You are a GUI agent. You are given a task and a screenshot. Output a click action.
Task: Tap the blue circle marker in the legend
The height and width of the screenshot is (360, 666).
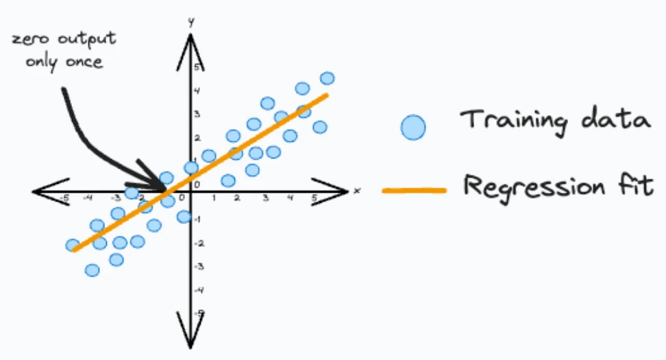(413, 127)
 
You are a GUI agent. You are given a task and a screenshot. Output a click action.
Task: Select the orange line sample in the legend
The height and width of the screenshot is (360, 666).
(414, 191)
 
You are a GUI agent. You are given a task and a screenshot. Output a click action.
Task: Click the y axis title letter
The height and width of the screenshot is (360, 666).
(192, 22)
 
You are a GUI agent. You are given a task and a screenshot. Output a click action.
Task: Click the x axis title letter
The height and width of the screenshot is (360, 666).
(357, 191)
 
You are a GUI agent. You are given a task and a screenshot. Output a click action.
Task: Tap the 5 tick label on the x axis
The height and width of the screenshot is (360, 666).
(314, 198)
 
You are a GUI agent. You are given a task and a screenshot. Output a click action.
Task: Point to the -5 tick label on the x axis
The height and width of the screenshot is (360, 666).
(64, 198)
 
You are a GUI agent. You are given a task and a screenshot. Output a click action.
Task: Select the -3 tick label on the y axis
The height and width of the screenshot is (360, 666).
(198, 267)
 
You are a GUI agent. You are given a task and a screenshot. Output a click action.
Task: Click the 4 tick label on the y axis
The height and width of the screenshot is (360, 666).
(197, 91)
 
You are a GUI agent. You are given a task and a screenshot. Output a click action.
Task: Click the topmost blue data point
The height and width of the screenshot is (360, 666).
(327, 78)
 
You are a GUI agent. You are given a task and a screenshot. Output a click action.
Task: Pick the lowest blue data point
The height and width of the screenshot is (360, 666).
(92, 270)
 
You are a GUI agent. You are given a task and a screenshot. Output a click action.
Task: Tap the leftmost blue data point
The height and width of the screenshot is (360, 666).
(73, 245)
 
